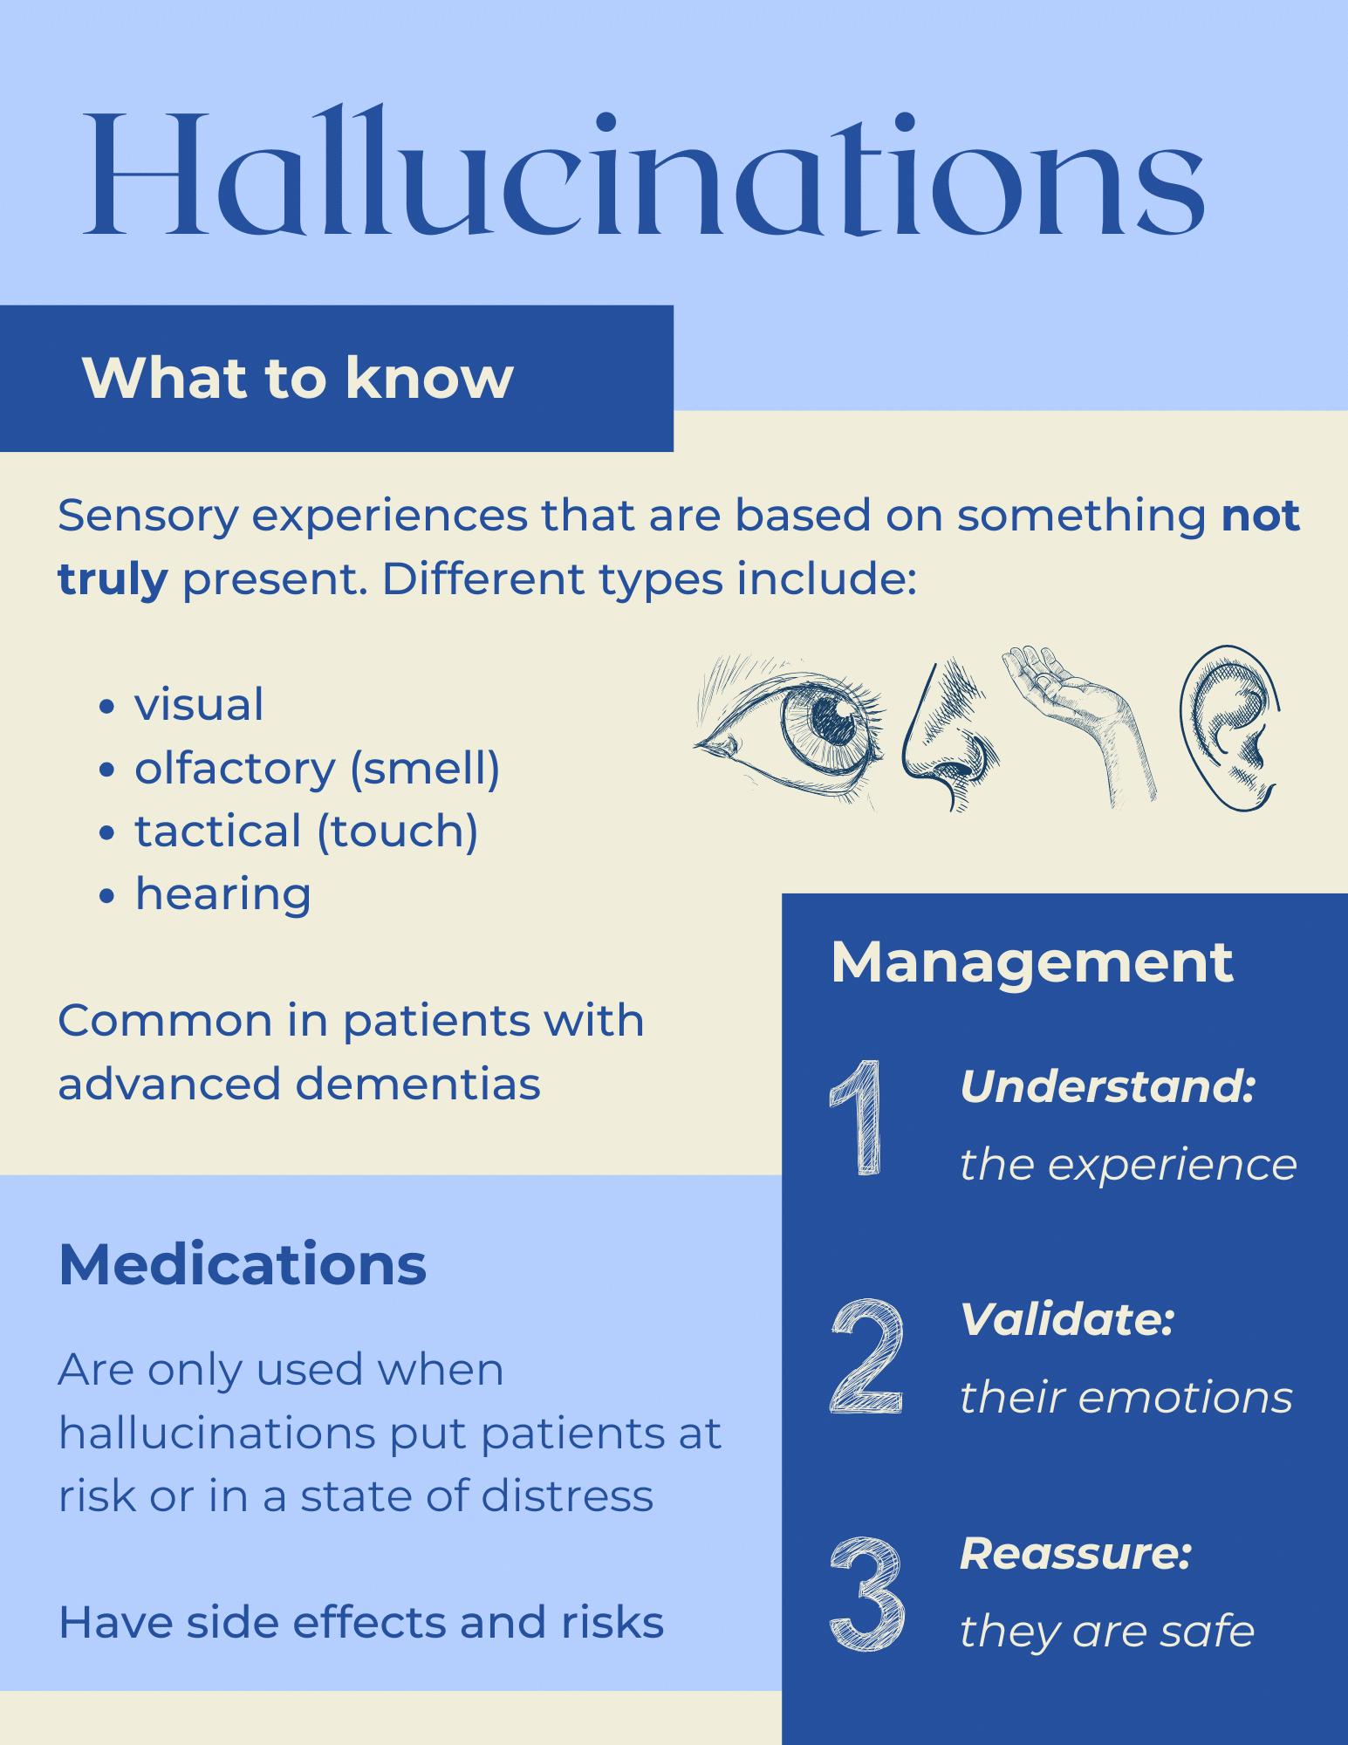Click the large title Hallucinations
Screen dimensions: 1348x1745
[x=644, y=171]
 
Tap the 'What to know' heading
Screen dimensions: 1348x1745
[x=298, y=378]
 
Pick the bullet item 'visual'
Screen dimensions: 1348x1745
[x=199, y=705]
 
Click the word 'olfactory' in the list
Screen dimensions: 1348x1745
[x=235, y=769]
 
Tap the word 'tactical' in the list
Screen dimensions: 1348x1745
[x=218, y=831]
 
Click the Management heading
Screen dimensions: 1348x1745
[x=1032, y=963]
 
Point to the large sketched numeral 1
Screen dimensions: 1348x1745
[x=857, y=1118]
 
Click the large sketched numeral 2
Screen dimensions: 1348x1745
[x=866, y=1356]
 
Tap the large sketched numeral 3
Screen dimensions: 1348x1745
[x=867, y=1595]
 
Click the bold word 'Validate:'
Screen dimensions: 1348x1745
[x=1067, y=1319]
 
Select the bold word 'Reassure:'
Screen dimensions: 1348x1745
[x=1076, y=1554]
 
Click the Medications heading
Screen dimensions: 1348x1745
[x=243, y=1264]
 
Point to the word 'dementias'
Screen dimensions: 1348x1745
[x=418, y=1085]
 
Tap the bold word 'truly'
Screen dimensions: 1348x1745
[x=113, y=581]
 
